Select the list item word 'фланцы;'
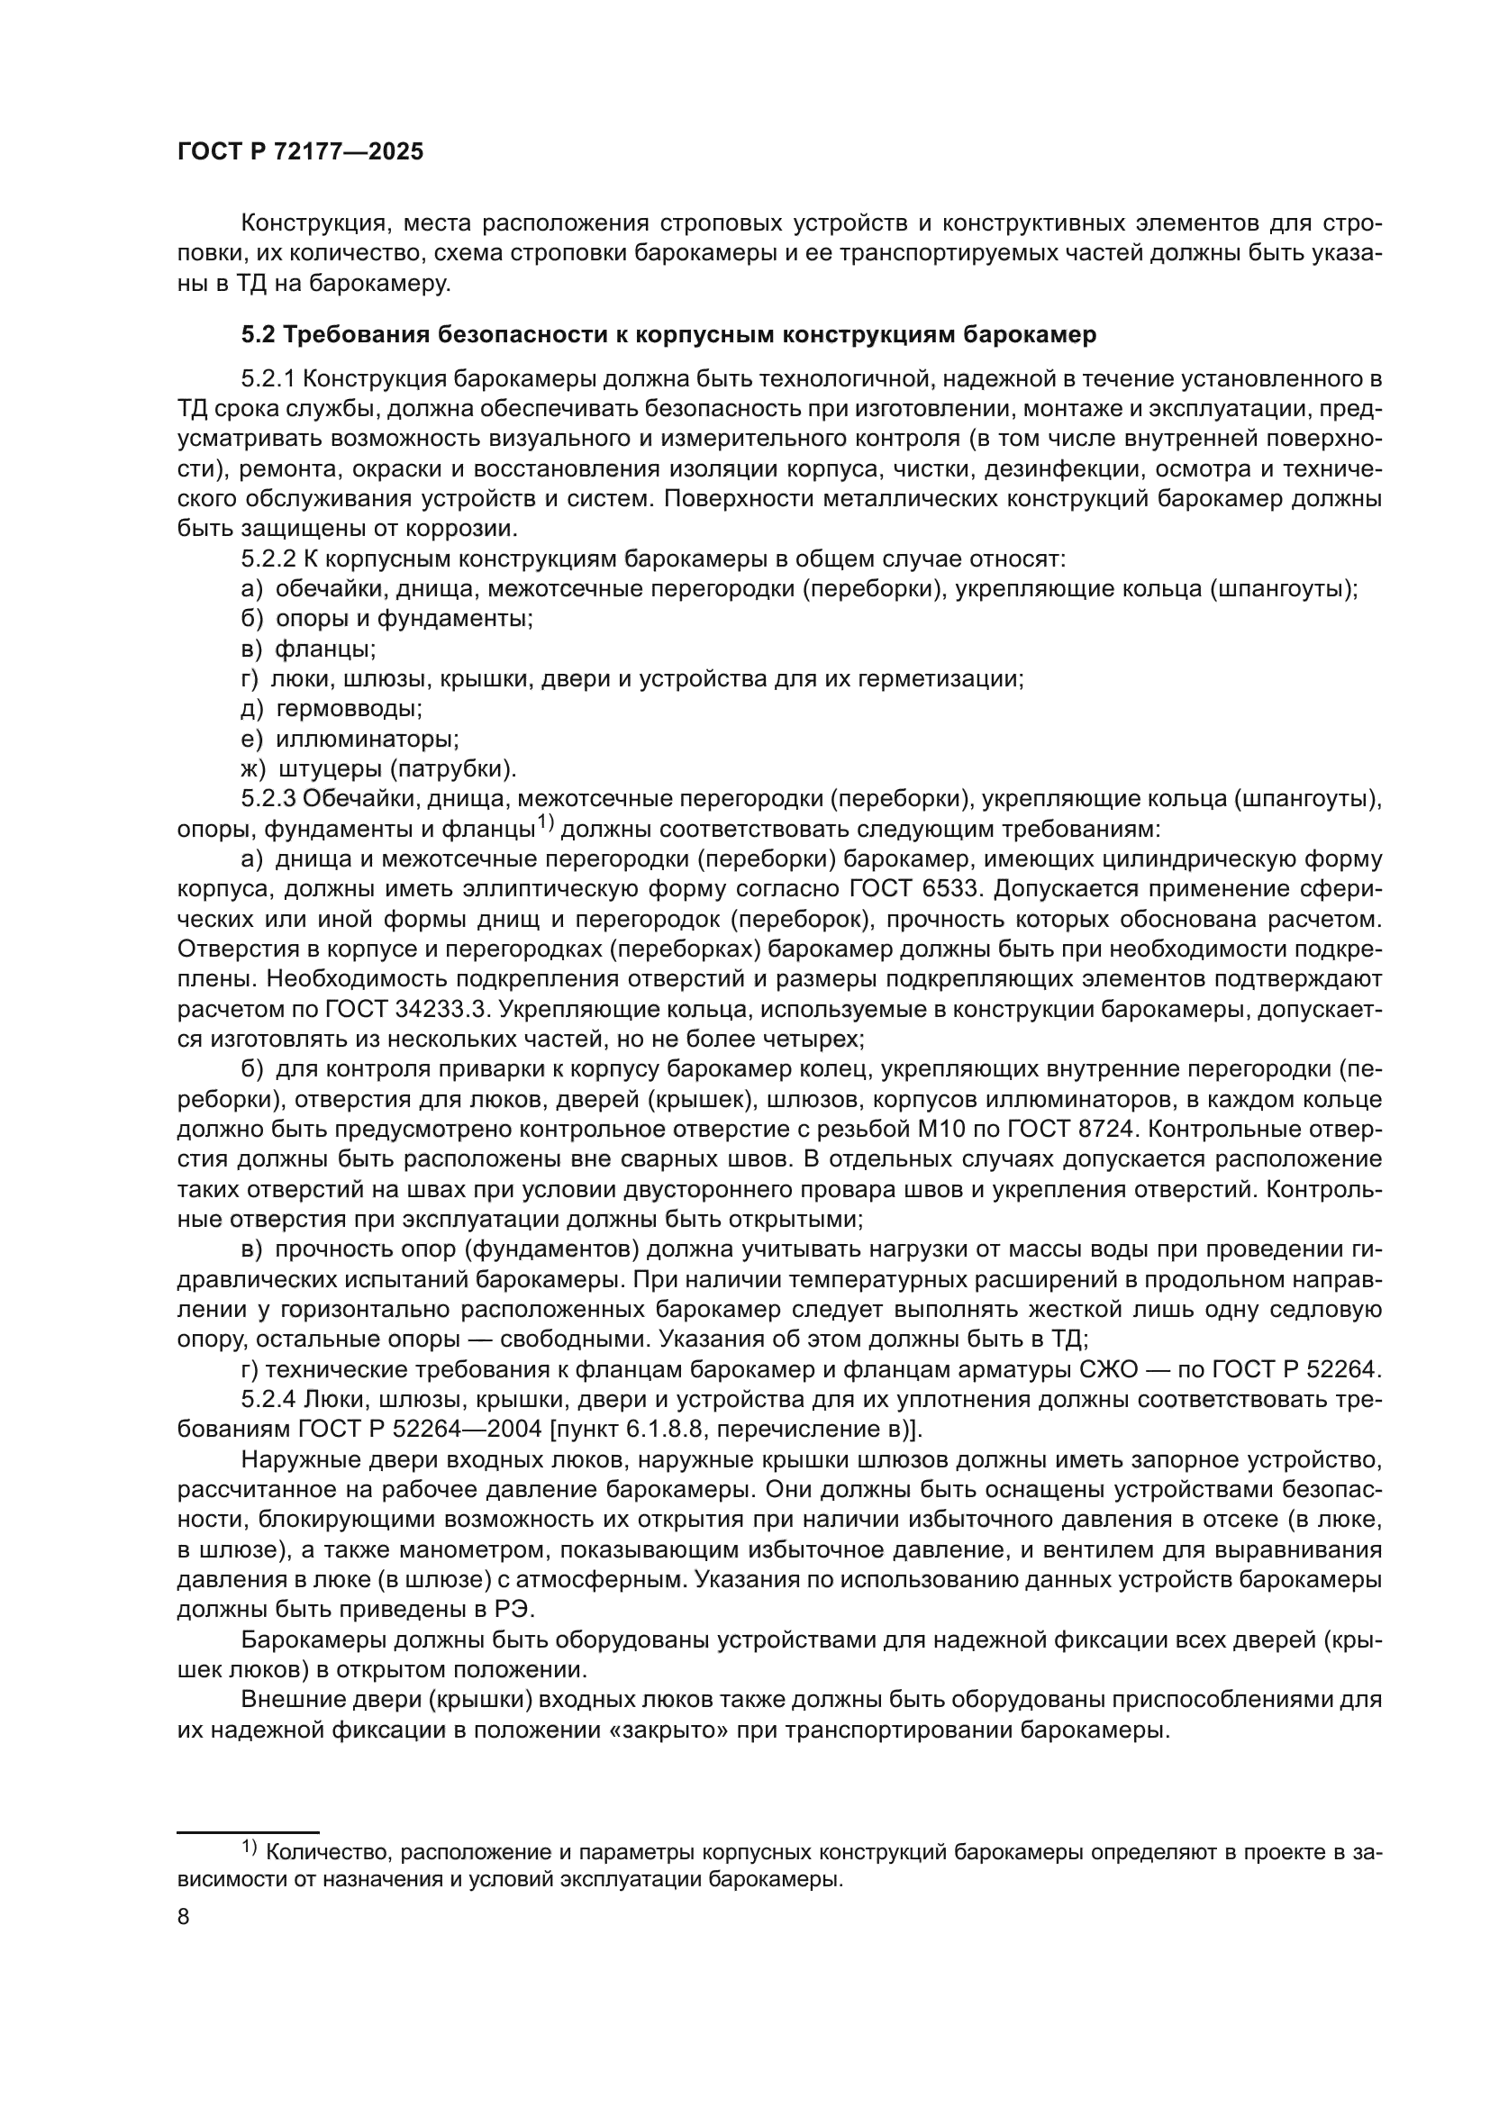326,649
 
